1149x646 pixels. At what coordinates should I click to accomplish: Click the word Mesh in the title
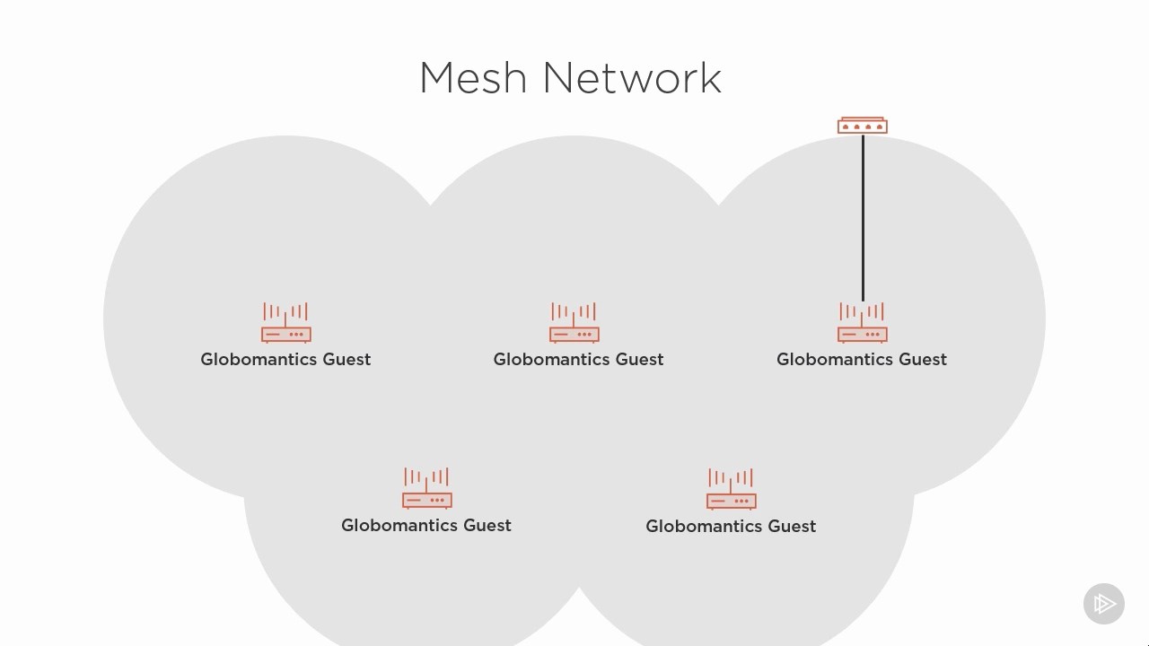tap(473, 78)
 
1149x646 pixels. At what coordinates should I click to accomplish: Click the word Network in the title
tap(632, 78)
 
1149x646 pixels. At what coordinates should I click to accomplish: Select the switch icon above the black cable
tap(863, 126)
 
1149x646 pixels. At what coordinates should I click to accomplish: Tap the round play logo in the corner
tap(1104, 604)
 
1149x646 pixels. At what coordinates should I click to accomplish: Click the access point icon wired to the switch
tap(863, 323)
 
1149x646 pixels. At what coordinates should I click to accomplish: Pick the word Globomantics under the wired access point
tap(835, 360)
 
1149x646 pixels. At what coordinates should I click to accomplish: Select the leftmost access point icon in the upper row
tap(286, 323)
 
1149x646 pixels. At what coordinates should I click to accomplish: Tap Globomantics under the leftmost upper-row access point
tap(259, 360)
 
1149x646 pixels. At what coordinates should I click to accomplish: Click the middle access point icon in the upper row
tap(574, 323)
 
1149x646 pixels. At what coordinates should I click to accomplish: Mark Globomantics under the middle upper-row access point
tap(551, 360)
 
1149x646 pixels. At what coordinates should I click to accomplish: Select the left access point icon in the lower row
tap(427, 489)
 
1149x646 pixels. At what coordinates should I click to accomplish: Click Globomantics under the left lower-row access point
tap(399, 526)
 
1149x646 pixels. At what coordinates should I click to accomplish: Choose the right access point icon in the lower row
tap(732, 490)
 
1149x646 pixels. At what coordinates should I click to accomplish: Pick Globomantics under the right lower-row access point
tap(704, 527)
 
